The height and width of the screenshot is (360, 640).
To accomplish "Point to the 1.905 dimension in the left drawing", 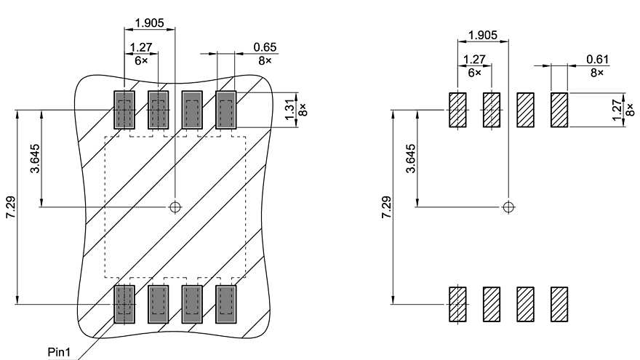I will (x=150, y=23).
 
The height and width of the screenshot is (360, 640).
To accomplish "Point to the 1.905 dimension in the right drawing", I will (x=483, y=35).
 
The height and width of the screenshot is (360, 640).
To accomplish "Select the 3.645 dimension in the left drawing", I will (x=35, y=159).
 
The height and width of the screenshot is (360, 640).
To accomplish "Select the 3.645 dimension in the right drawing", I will (x=411, y=159).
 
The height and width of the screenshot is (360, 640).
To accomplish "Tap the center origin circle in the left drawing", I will (x=175, y=207).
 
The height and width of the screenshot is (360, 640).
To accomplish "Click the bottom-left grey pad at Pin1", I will (x=124, y=303).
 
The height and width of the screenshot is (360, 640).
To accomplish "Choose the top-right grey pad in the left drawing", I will (x=227, y=111).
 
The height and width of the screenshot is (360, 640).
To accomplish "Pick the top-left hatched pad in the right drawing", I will (x=457, y=110).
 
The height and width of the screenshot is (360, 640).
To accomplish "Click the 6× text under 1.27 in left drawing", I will (x=140, y=61).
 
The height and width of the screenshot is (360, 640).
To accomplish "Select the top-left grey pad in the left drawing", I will (x=124, y=111).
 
